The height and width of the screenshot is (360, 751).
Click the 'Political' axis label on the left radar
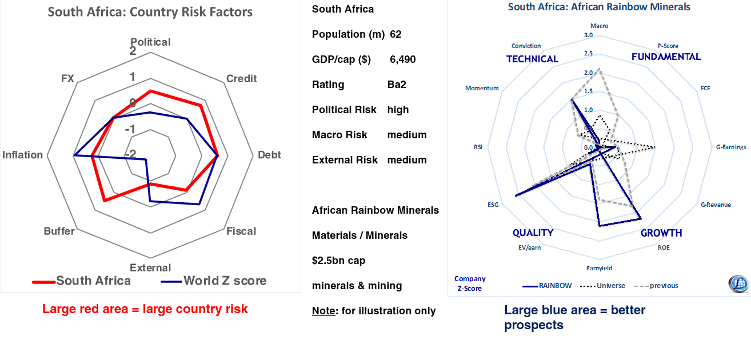click(x=150, y=42)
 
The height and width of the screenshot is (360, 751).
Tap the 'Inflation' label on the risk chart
click(x=23, y=155)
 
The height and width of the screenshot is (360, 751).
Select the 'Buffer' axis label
click(x=59, y=231)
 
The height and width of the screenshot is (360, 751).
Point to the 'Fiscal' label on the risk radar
click(x=241, y=231)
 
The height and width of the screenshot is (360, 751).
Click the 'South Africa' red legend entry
click(x=93, y=281)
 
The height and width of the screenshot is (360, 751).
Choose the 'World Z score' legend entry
click(x=225, y=281)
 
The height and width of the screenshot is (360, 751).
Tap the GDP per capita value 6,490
click(x=403, y=59)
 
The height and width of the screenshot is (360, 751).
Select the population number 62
click(x=396, y=34)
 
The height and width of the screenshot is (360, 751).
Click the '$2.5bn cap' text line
click(x=339, y=261)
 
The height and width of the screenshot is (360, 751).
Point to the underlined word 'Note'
click(x=323, y=311)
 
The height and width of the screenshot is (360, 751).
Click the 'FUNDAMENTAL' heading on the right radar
click(x=666, y=57)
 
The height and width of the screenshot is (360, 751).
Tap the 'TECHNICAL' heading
click(x=532, y=59)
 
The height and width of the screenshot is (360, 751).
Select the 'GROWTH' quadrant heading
click(x=661, y=233)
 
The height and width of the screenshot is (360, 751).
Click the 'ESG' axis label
click(x=493, y=204)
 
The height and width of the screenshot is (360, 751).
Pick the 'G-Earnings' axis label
click(x=731, y=147)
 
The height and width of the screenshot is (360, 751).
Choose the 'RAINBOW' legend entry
click(x=555, y=285)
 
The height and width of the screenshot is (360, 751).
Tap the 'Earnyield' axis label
click(x=600, y=267)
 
